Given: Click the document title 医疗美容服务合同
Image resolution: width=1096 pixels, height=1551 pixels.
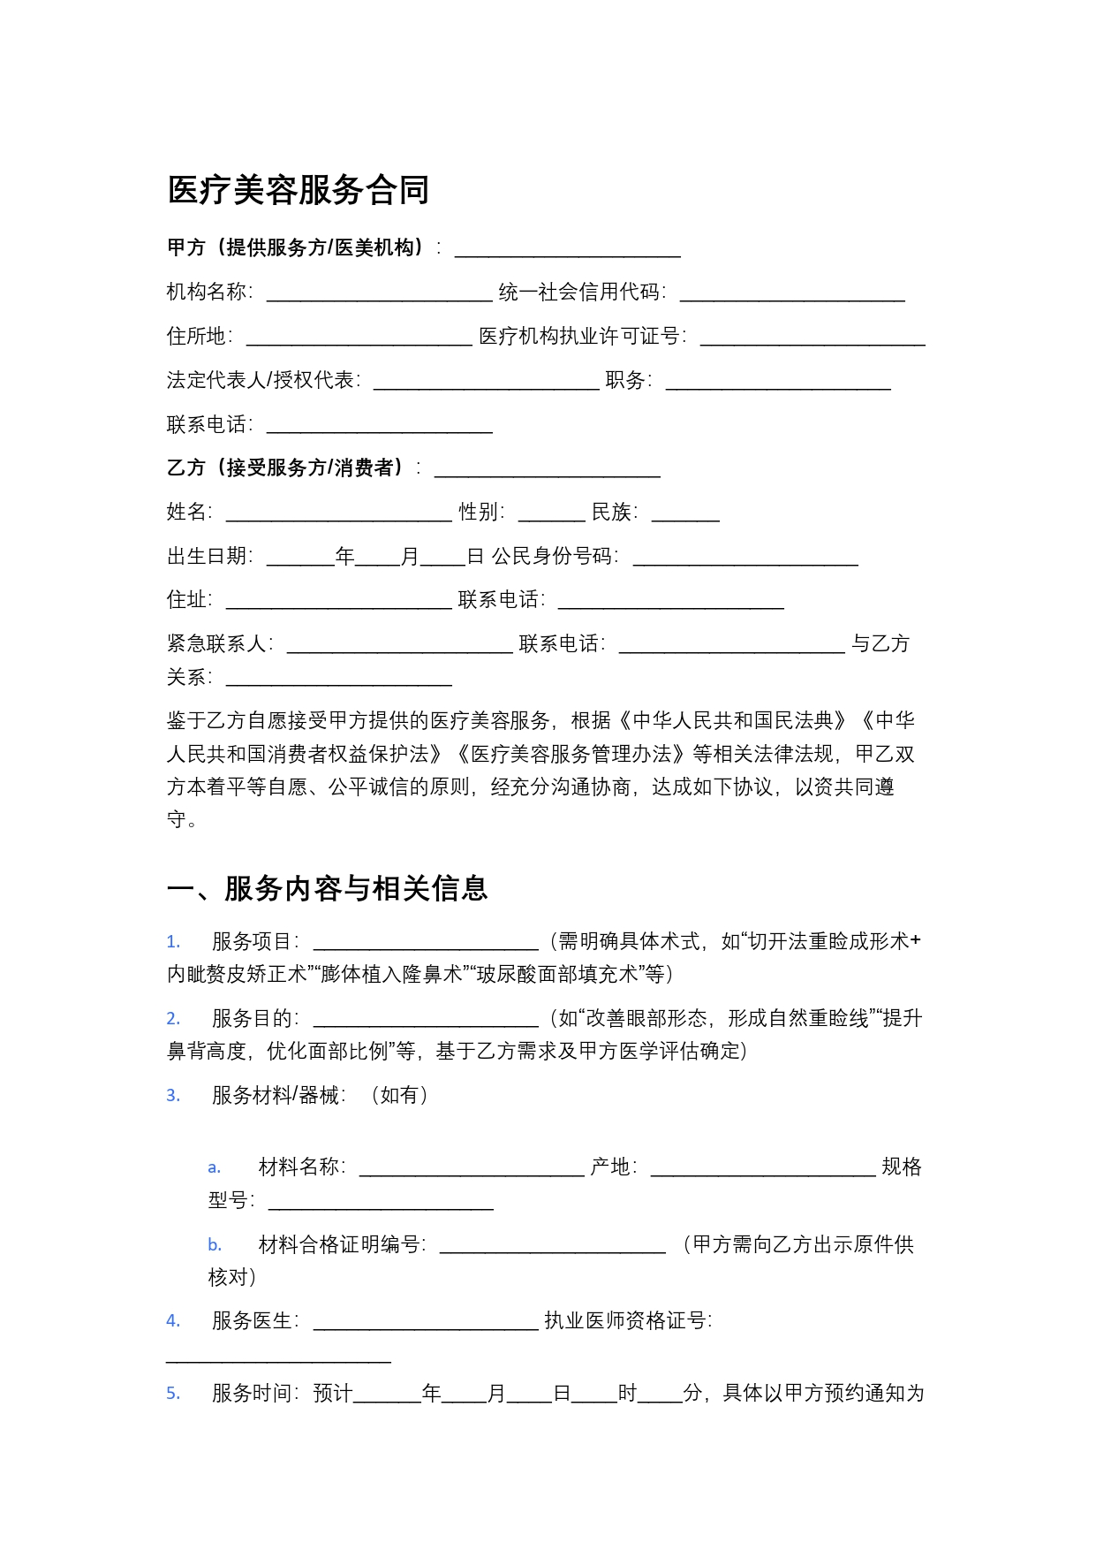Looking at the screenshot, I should pyautogui.click(x=299, y=190).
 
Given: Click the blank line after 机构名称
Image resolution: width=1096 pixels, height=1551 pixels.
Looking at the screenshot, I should pyautogui.click(x=379, y=294).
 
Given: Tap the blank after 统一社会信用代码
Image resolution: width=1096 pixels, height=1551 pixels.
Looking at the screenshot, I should pyautogui.click(x=792, y=294).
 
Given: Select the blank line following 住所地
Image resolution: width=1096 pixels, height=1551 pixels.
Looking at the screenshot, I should pyautogui.click(x=359, y=338).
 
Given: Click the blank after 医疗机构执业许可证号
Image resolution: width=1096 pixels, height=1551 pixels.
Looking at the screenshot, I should pyautogui.click(x=813, y=338).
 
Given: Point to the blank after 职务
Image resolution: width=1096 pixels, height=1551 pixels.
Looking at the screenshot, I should pyautogui.click(x=778, y=383).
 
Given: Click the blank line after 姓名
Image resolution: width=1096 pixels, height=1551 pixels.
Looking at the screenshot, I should pyautogui.click(x=338, y=514).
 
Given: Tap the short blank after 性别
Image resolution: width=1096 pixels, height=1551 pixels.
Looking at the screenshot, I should pyautogui.click(x=551, y=514).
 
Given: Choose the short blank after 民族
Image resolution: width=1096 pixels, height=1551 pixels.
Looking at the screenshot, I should pyautogui.click(x=685, y=514).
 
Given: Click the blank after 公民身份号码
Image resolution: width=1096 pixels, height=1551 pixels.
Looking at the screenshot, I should pyautogui.click(x=745, y=559).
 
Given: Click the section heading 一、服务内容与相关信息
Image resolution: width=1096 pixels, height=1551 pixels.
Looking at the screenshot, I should pyautogui.click(x=327, y=888).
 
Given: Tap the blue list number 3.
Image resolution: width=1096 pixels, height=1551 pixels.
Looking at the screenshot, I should pyautogui.click(x=173, y=1096).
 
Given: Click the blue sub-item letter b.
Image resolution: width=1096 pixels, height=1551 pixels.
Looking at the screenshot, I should pyautogui.click(x=215, y=1245).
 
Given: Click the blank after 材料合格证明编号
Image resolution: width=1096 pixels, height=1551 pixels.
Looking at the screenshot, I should pyautogui.click(x=552, y=1247).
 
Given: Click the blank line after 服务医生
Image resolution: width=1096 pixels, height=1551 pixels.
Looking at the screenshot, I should pyautogui.click(x=426, y=1323).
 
